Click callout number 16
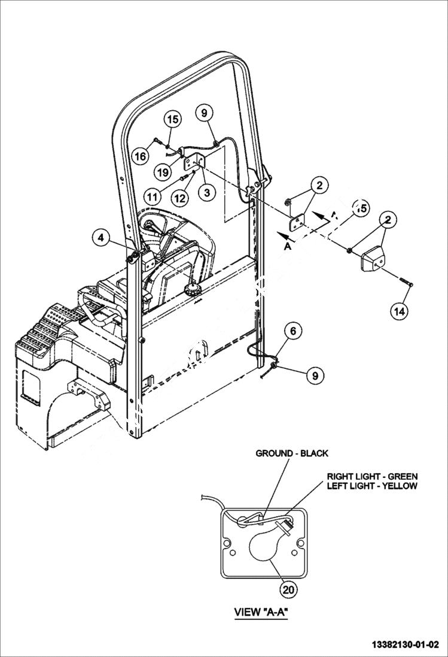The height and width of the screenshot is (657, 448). coord(139,156)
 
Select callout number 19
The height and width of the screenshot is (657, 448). coord(161,172)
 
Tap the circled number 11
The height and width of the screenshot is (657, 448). coord(153,195)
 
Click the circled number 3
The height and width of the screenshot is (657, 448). coord(207,192)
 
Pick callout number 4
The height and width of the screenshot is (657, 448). coord(102,238)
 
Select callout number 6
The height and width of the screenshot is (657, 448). coord(293,330)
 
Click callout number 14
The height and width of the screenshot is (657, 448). coord(401,310)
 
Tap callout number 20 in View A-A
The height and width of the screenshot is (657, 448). coord(289,589)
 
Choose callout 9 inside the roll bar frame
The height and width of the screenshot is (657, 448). coord(203,112)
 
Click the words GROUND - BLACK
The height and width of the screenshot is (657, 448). coord(292,453)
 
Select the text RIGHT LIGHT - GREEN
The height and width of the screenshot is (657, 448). coord(372,476)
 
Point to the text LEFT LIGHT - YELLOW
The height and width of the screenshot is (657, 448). coord(371,486)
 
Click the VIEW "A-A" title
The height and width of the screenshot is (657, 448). coord(263,612)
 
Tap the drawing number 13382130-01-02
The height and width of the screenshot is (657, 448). coord(405,644)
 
